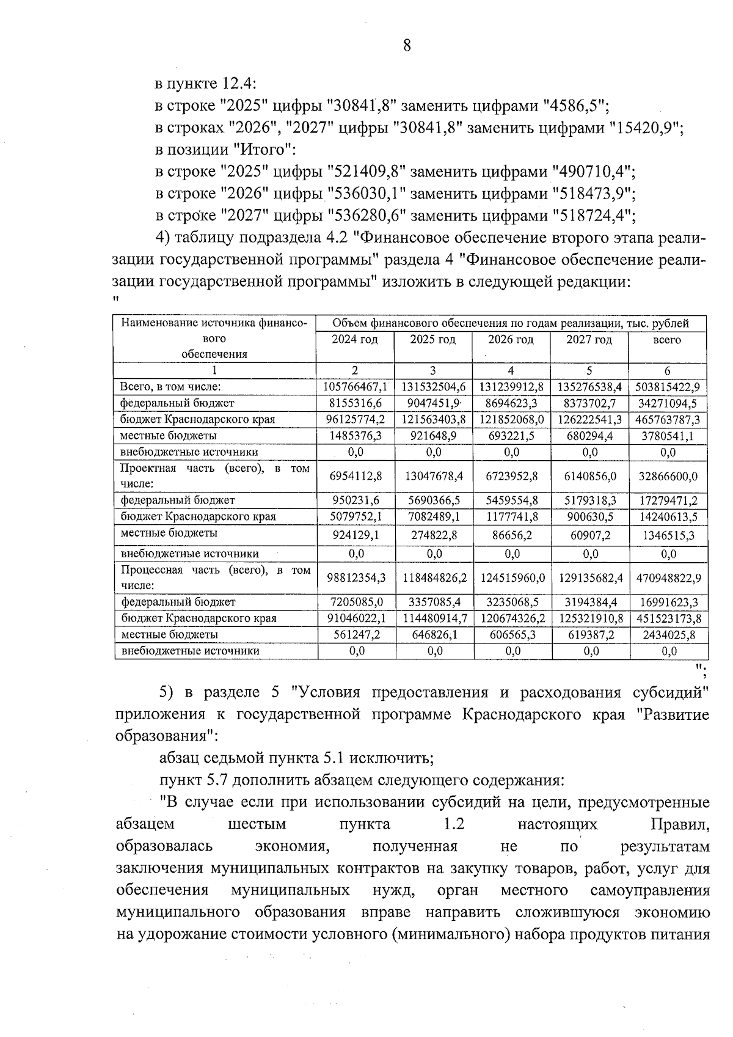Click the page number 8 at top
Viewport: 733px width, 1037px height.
[x=407, y=45]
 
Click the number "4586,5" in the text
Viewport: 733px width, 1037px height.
[x=574, y=106]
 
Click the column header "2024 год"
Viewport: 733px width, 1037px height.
[x=355, y=340]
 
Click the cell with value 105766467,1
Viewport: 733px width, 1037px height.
[x=355, y=387]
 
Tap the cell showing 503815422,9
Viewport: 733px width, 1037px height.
[x=667, y=387]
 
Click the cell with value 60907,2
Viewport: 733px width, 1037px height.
[x=590, y=535]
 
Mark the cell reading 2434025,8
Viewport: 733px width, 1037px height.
[x=668, y=635]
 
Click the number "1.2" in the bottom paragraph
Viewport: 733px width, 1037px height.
[x=454, y=824]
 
